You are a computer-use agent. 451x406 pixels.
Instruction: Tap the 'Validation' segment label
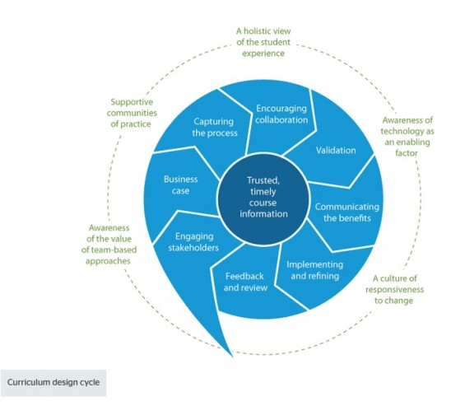335,151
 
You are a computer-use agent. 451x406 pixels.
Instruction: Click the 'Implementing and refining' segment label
318,271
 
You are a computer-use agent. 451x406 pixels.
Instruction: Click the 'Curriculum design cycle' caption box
54,382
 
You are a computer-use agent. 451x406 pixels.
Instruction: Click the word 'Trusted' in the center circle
266,180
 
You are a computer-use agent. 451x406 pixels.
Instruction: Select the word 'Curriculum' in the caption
30,382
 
